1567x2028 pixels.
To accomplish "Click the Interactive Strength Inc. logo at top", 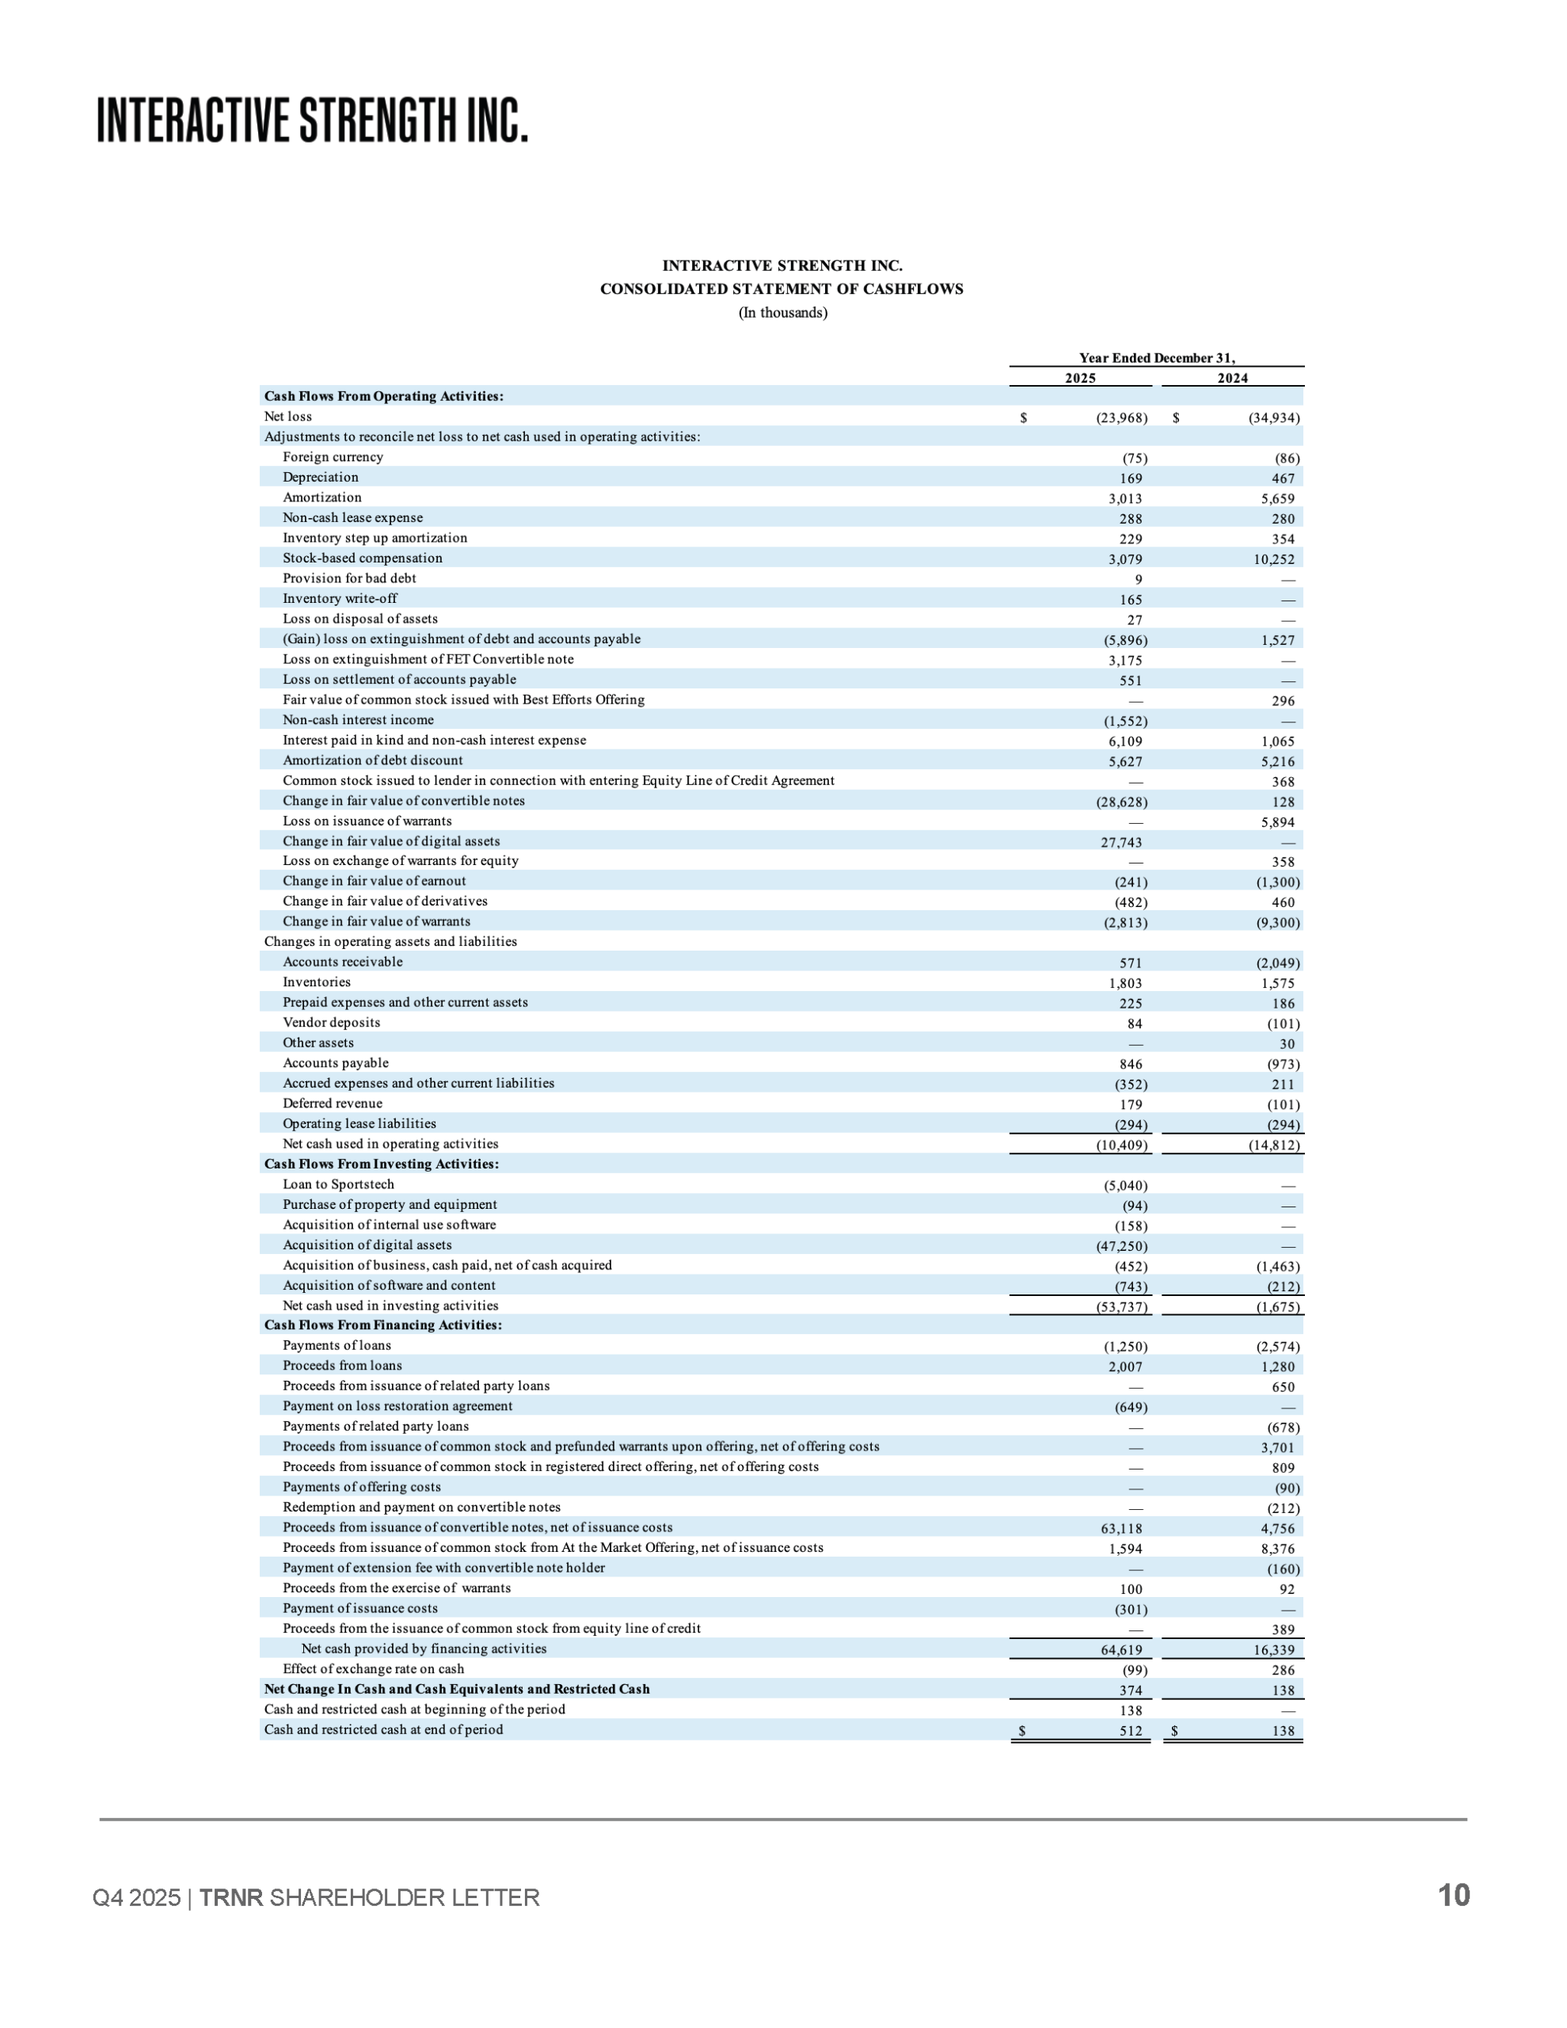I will [x=313, y=120].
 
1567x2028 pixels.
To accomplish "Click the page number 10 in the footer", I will [x=1454, y=1895].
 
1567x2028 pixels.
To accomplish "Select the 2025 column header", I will [x=1079, y=378].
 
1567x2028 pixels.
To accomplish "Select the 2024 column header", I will [x=1232, y=378].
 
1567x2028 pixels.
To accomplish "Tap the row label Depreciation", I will [x=320, y=477].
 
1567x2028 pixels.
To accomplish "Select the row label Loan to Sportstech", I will [x=338, y=1184].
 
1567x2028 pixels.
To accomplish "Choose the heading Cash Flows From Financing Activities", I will [x=382, y=1325].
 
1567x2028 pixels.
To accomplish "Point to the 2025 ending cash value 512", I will [x=1130, y=1731].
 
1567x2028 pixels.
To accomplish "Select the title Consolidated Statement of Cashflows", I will [x=782, y=289].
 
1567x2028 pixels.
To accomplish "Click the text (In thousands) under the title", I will [x=782, y=313].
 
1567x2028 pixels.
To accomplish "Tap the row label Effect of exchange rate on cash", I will [x=373, y=1668].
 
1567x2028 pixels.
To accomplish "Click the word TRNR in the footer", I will [x=231, y=1897].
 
